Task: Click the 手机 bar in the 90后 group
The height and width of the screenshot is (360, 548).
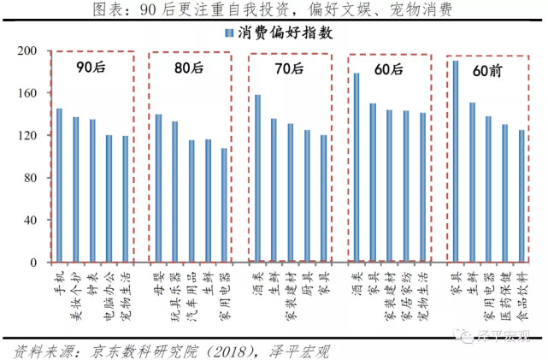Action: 59,185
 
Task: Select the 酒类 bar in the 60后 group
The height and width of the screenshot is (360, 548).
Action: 356,167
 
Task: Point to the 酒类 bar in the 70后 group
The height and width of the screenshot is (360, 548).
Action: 257,178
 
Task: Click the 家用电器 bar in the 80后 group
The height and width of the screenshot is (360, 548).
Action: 224,204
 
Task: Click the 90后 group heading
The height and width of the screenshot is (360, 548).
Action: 91,67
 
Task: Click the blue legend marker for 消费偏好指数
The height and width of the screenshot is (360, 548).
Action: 228,32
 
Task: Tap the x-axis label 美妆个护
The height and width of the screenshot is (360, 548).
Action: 75,291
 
